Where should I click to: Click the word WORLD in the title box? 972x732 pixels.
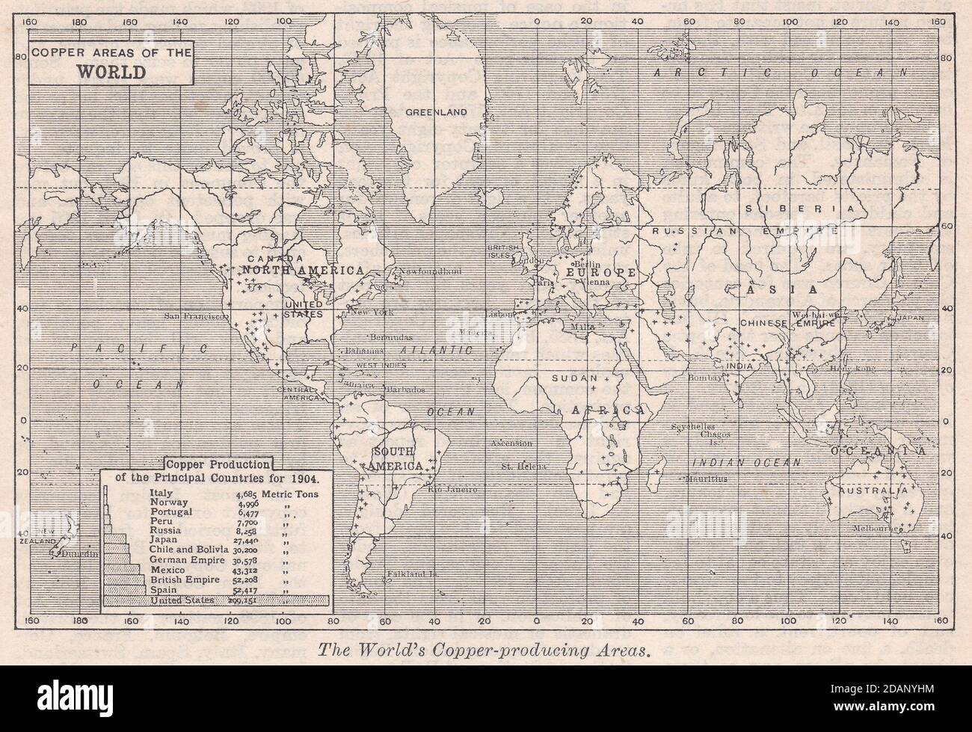[110, 75]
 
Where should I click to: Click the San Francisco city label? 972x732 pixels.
[197, 316]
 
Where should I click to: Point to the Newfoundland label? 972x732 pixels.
[430, 271]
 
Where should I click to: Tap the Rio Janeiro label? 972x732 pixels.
[452, 490]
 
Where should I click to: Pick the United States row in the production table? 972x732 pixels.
[182, 600]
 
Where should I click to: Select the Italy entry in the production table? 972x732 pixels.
[161, 493]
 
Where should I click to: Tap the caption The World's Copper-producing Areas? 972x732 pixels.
[485, 650]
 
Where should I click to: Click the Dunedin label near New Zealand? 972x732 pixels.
[78, 555]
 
